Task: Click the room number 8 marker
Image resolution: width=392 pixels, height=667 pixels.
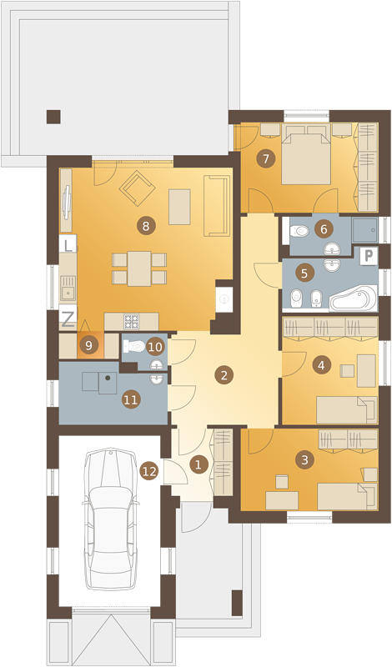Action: tap(146, 226)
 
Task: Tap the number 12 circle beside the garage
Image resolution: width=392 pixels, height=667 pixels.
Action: tap(148, 471)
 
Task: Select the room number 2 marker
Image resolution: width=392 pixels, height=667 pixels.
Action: tap(224, 375)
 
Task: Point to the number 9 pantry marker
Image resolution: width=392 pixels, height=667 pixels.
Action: tap(88, 345)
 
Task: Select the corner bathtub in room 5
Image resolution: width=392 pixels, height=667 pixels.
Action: tap(354, 298)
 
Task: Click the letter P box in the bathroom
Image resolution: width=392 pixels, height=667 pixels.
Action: tap(369, 256)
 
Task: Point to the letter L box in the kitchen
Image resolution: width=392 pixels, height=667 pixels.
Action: tap(68, 243)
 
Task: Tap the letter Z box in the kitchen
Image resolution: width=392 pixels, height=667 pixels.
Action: tap(68, 318)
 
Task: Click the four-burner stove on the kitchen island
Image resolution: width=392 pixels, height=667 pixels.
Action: tap(131, 322)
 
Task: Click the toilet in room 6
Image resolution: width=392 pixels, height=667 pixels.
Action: tap(299, 231)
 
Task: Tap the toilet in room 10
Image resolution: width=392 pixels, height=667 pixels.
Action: tap(134, 346)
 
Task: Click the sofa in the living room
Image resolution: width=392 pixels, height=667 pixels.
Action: tap(215, 205)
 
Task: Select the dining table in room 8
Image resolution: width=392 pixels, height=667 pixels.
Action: tap(139, 268)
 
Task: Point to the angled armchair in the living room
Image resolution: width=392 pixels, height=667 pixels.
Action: tap(137, 189)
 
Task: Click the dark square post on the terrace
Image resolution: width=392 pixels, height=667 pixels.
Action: tap(53, 117)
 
